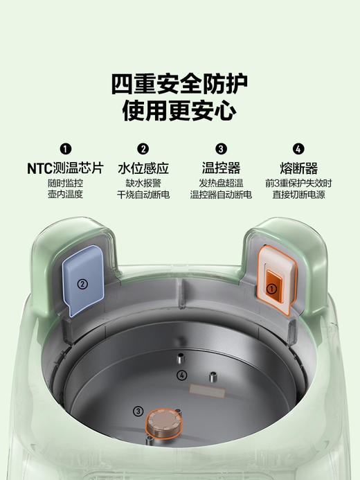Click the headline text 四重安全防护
[x=179, y=83]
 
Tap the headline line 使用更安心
[x=179, y=110]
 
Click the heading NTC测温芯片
[x=65, y=168]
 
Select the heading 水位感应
[x=143, y=168]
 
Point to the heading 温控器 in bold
[x=221, y=168]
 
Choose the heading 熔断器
[x=298, y=168]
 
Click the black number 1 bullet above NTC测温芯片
[x=65, y=148]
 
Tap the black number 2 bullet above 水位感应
[x=143, y=148]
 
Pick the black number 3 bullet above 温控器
[x=221, y=148]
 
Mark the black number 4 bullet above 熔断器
[x=298, y=148]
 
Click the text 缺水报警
[x=143, y=184]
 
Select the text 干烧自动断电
[x=143, y=195]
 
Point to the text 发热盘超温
[x=221, y=184]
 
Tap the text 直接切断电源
[x=298, y=195]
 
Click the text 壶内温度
[x=65, y=195]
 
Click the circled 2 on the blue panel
[x=82, y=283]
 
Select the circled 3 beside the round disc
[x=138, y=411]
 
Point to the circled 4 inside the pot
[x=182, y=375]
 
